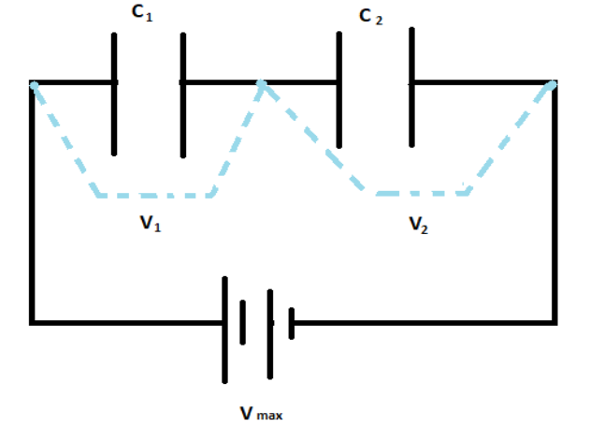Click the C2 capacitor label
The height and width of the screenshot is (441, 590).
(x=369, y=15)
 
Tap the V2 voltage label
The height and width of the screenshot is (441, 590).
(x=419, y=225)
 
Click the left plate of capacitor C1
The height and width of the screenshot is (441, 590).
(x=114, y=94)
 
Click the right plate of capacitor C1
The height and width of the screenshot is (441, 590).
(x=183, y=94)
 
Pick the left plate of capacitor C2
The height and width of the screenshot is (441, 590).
(x=338, y=94)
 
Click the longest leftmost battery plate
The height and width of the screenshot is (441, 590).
(x=224, y=328)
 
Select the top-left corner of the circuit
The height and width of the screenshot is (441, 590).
(x=33, y=83)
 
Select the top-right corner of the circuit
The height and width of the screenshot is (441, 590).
(x=556, y=83)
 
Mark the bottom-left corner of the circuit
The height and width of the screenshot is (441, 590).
(x=33, y=322)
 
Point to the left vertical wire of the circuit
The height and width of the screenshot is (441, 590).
(x=33, y=206)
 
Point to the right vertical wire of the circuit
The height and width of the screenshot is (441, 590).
(x=556, y=206)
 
